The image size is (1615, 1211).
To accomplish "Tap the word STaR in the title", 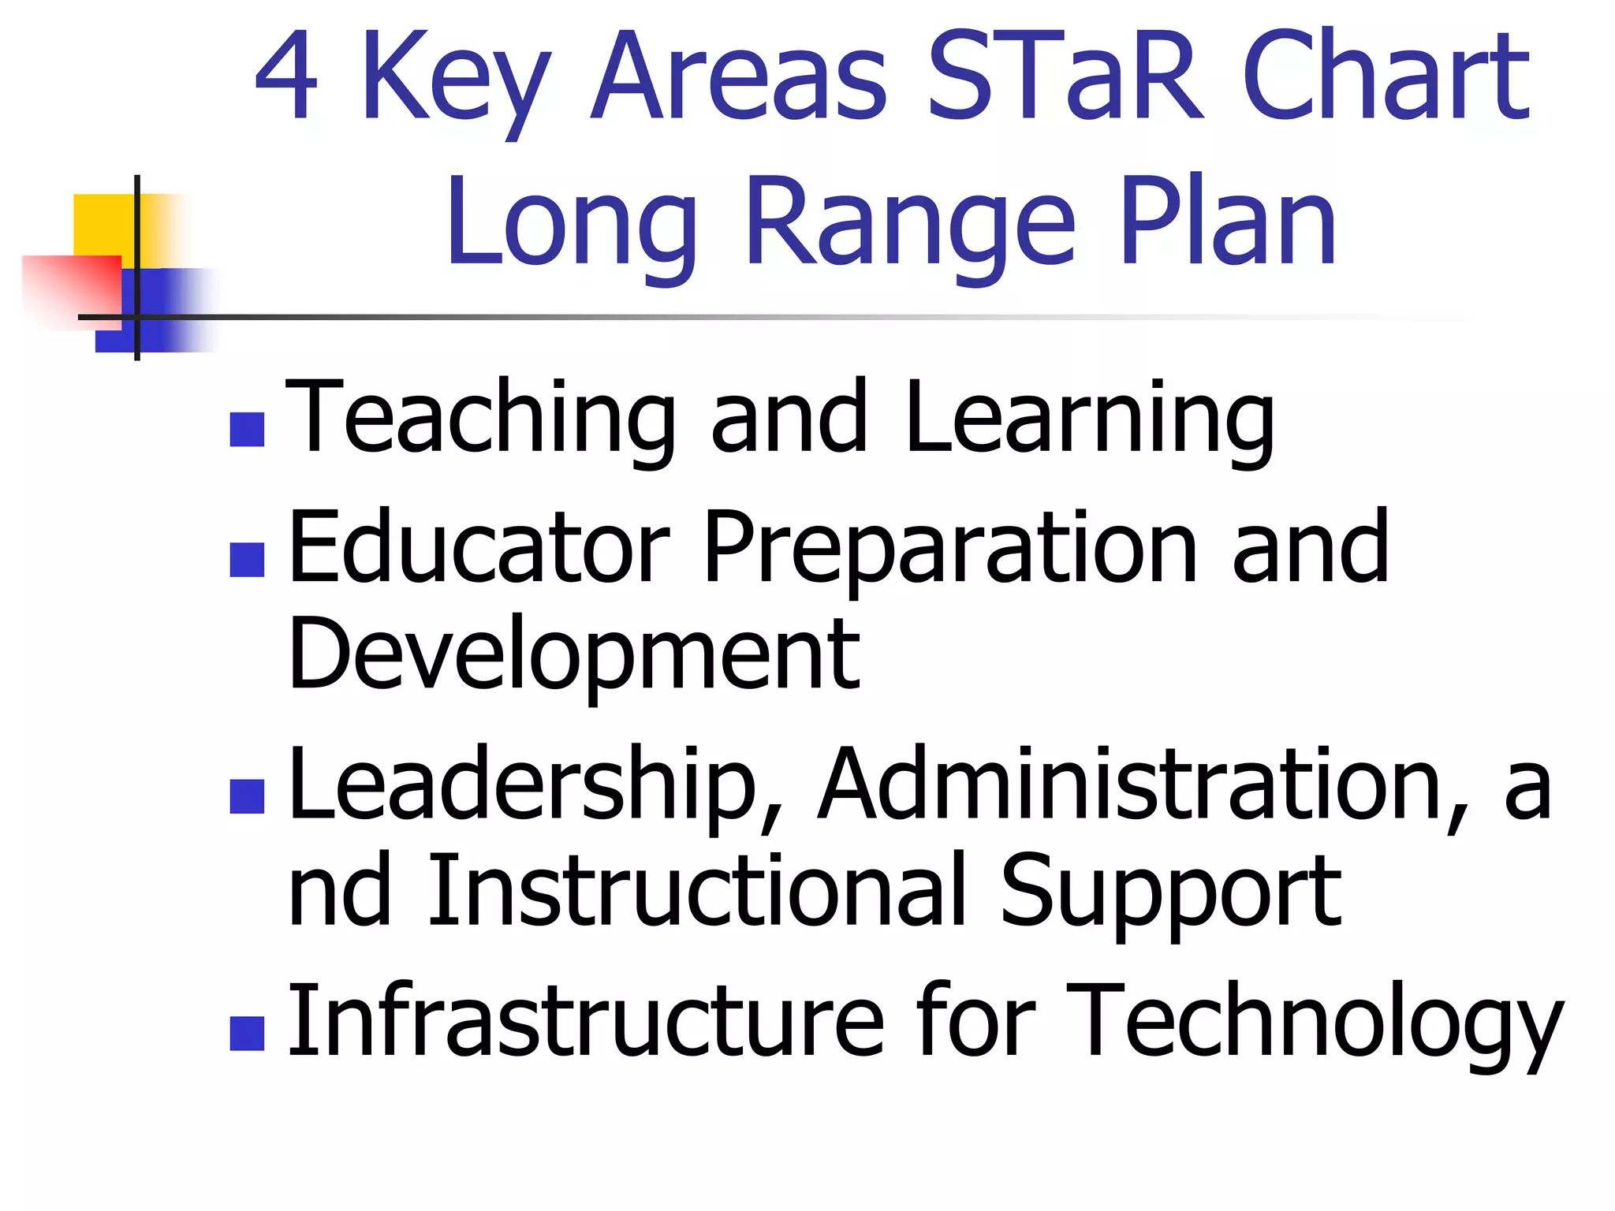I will (1065, 76).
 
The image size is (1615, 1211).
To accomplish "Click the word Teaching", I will (480, 418).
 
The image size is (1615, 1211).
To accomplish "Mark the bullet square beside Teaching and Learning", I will (247, 430).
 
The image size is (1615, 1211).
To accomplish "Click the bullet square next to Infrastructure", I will (247, 1033).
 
